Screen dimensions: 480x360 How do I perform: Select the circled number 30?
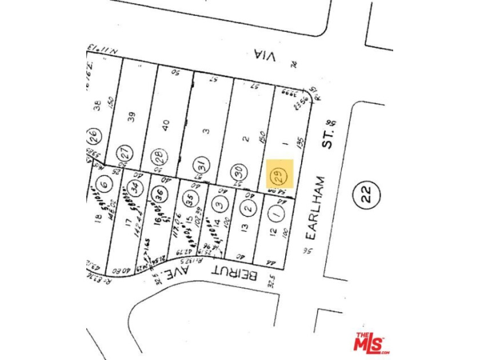(240, 169)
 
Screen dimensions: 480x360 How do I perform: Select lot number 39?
(132, 116)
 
